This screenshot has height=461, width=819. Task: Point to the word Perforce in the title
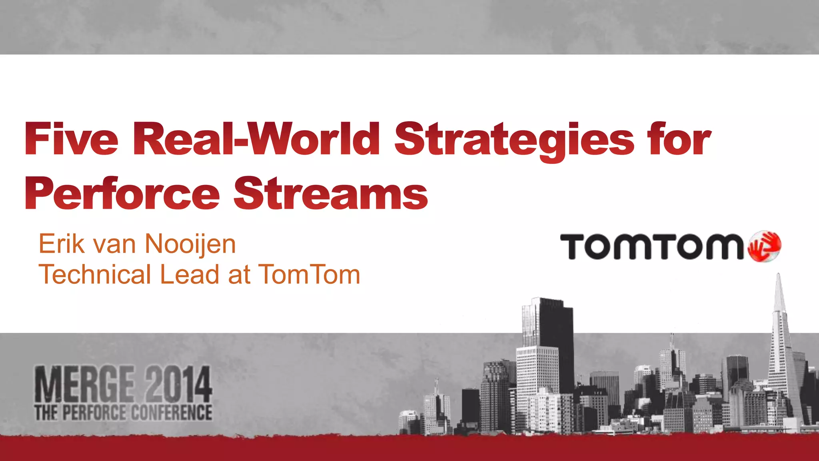pos(122,194)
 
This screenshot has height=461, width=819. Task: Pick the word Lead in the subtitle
pos(189,275)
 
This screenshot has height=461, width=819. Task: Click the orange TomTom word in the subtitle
pos(309,275)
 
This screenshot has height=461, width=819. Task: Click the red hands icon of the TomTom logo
pos(764,246)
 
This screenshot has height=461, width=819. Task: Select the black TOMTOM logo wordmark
pos(652,247)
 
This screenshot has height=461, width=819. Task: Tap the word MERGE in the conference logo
pos(84,384)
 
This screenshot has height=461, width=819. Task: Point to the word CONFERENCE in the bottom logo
pos(172,413)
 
